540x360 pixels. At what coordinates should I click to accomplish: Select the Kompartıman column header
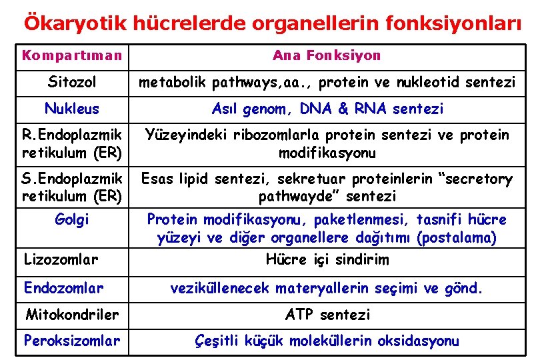point(72,55)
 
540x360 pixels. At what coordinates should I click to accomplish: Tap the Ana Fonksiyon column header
point(327,55)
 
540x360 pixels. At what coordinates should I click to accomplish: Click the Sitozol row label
point(72,83)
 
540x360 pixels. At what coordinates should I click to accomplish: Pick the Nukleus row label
point(71,109)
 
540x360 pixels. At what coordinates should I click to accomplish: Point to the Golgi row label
point(73,219)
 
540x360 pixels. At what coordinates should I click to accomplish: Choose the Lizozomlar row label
point(61,259)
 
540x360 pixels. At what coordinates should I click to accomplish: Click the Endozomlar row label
point(63,288)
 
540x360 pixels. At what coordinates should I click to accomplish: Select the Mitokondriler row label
point(72,314)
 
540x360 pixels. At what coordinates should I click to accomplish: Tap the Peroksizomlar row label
point(72,341)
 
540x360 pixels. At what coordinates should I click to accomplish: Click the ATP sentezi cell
point(327,314)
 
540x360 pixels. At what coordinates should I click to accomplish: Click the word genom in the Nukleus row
point(272,109)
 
